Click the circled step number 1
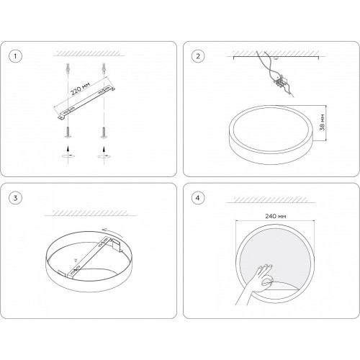click(x=15, y=56)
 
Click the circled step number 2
click(x=198, y=56)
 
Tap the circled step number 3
click(x=15, y=198)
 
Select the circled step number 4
click(x=198, y=198)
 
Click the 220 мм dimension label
click(x=80, y=89)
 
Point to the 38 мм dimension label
click(x=323, y=122)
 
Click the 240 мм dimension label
click(x=275, y=216)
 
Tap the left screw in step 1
click(x=68, y=132)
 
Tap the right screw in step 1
click(x=104, y=132)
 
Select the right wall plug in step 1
click(x=104, y=68)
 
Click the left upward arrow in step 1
click(x=68, y=148)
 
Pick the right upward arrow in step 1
click(x=104, y=148)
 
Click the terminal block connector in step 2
click(x=280, y=81)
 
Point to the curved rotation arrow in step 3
click(x=112, y=233)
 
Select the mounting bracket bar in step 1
click(x=84, y=102)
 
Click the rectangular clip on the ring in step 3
click(x=117, y=245)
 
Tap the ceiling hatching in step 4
click(x=271, y=199)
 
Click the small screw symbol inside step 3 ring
click(x=76, y=260)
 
